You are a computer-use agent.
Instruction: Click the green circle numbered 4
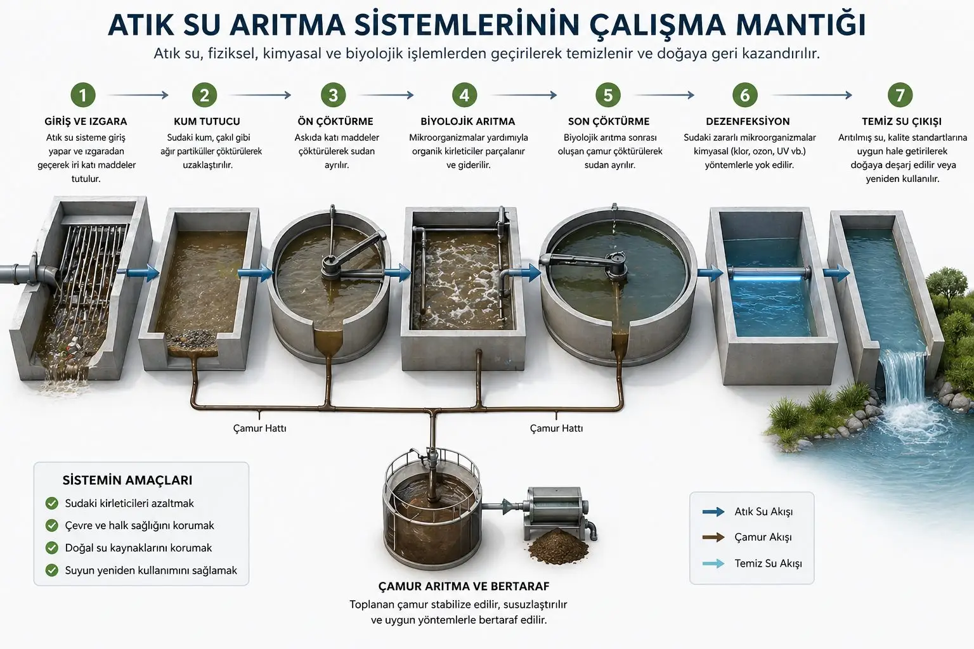464,95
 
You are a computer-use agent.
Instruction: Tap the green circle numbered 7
900,95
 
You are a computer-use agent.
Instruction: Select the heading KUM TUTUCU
207,121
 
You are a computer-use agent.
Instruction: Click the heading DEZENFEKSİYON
748,121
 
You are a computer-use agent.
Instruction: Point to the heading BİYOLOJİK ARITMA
467,121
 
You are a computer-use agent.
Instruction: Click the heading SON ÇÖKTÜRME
608,121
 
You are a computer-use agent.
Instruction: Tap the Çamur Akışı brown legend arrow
713,537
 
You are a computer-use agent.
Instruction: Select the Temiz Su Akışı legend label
768,563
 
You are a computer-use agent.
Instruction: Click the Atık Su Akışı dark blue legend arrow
713,511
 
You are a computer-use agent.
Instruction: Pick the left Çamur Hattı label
259,428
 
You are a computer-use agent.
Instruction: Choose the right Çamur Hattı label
556,428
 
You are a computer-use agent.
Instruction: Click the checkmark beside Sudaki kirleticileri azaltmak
52,503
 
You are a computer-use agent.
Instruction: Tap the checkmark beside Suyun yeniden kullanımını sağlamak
52,570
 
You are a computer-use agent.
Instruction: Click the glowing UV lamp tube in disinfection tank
769,273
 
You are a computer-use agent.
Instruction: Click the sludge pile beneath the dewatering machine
555,544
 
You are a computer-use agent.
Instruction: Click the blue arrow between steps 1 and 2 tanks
142,273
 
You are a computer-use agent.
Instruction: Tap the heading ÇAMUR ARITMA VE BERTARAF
464,586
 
